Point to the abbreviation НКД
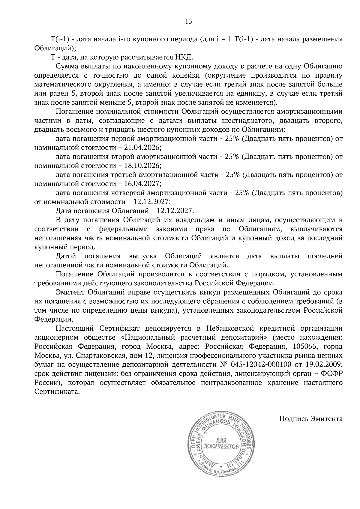pyautogui.click(x=183, y=57)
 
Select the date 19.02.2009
pyautogui.click(x=325, y=365)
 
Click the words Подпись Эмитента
pyautogui.click(x=311, y=418)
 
